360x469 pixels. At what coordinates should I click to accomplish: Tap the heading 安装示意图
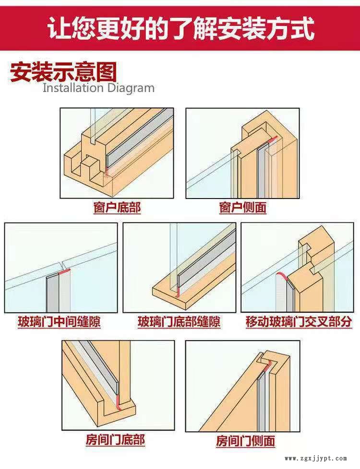pyautogui.click(x=63, y=72)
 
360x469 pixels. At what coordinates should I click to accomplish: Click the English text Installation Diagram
pyautogui.click(x=98, y=88)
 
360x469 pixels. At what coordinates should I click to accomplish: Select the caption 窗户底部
pyautogui.click(x=117, y=208)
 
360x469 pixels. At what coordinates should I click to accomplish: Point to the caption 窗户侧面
pyautogui.click(x=242, y=208)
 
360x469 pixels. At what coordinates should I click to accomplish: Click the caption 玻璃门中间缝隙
pyautogui.click(x=60, y=322)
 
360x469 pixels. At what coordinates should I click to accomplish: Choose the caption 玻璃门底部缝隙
pyautogui.click(x=179, y=322)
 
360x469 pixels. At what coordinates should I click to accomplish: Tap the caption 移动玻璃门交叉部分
pyautogui.click(x=299, y=322)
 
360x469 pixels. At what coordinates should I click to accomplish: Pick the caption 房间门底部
pyautogui.click(x=115, y=440)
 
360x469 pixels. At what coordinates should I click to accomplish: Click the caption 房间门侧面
pyautogui.click(x=246, y=441)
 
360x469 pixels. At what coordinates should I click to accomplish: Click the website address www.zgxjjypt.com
pyautogui.click(x=316, y=458)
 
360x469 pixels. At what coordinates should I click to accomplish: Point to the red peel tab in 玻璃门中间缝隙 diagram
pyautogui.click(x=64, y=271)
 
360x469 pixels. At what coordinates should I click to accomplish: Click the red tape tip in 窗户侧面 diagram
pyautogui.click(x=273, y=140)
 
